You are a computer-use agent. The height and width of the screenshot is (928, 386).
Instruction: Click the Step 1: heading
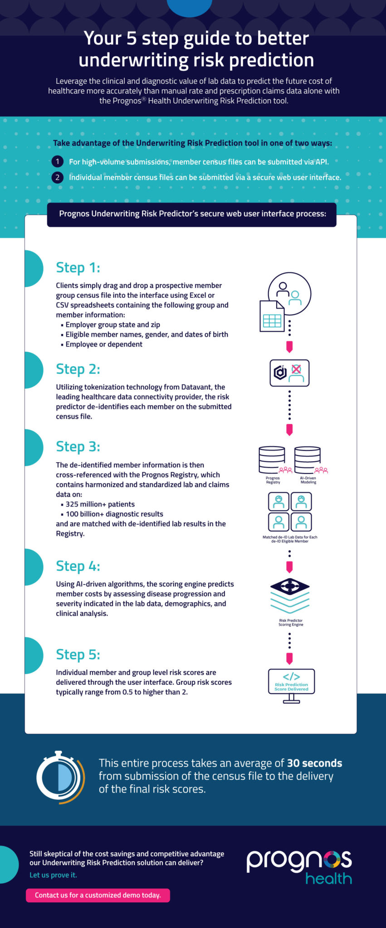(78, 268)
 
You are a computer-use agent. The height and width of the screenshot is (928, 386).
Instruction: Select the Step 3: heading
(78, 447)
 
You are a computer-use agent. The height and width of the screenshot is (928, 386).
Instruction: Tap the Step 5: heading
(78, 655)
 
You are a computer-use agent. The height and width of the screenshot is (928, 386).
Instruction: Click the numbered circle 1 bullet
(57, 162)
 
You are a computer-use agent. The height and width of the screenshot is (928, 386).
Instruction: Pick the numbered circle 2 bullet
(57, 177)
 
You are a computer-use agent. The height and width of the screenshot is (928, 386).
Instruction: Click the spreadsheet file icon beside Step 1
(272, 316)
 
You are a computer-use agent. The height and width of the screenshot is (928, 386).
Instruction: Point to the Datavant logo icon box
(289, 373)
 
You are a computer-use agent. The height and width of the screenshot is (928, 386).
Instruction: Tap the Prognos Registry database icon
(272, 460)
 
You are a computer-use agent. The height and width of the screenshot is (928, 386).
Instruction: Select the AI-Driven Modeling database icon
(308, 460)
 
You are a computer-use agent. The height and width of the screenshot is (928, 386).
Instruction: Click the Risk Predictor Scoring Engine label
(291, 623)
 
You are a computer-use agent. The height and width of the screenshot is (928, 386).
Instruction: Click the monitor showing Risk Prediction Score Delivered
(291, 682)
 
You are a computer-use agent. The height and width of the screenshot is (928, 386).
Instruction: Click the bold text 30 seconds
(314, 763)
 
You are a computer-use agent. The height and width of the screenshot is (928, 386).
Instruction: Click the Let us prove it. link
(53, 875)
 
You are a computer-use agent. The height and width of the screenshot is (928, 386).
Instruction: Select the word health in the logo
(328, 879)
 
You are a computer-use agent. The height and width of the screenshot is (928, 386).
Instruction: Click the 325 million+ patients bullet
(100, 504)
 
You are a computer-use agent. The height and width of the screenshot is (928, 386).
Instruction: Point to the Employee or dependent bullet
(103, 344)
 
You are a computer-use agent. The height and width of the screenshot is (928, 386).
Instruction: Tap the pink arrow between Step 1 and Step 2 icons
(289, 347)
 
